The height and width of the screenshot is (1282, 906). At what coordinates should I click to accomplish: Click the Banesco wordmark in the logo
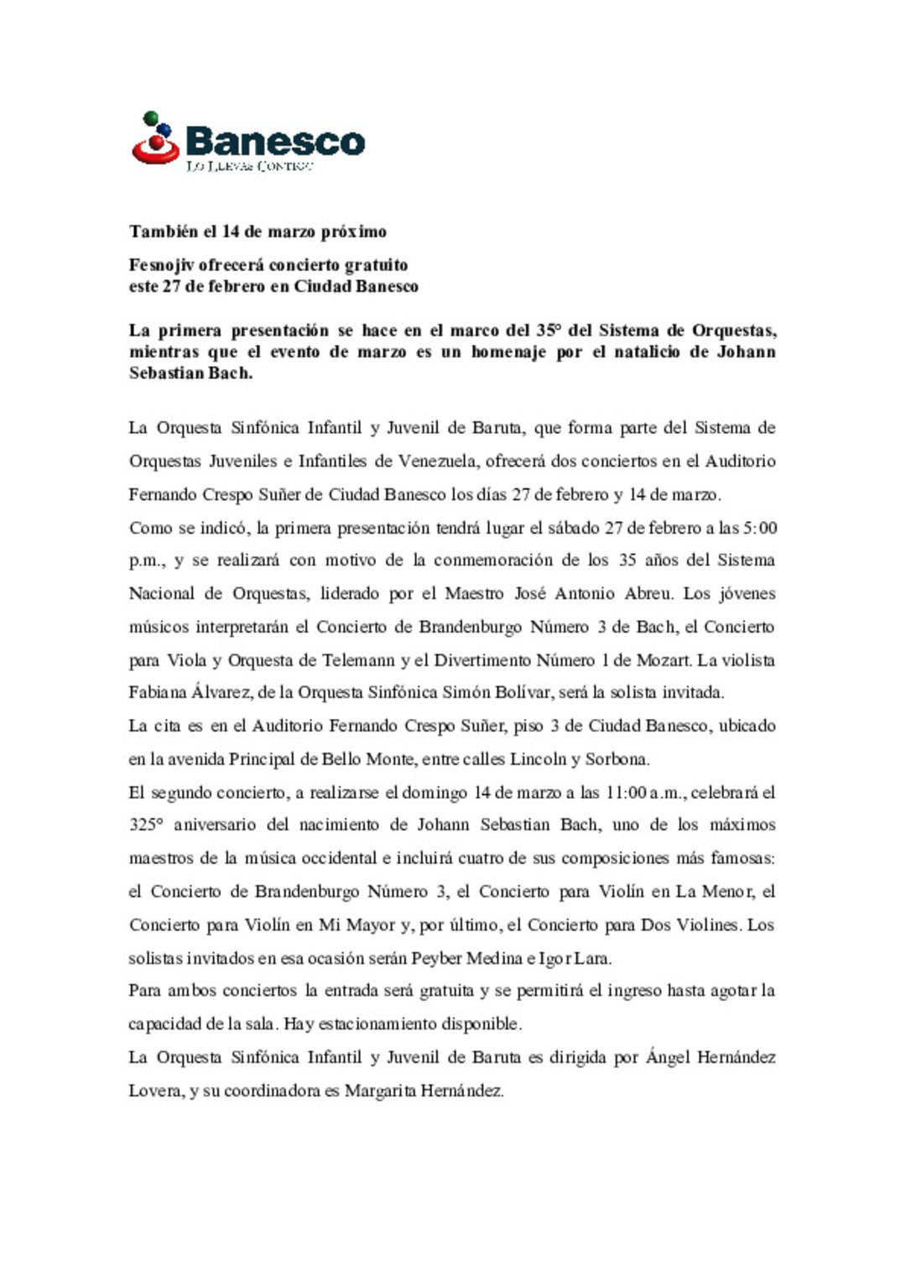(275, 141)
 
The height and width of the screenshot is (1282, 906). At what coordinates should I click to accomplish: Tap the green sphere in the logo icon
(151, 118)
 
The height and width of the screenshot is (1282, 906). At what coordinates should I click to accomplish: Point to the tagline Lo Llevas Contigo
(250, 166)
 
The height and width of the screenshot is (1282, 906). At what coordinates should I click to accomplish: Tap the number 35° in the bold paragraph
(548, 331)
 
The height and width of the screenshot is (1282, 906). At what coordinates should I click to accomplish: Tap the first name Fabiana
(157, 693)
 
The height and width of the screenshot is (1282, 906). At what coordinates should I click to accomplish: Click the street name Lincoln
(539, 759)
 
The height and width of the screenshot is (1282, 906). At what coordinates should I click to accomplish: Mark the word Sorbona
(617, 759)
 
